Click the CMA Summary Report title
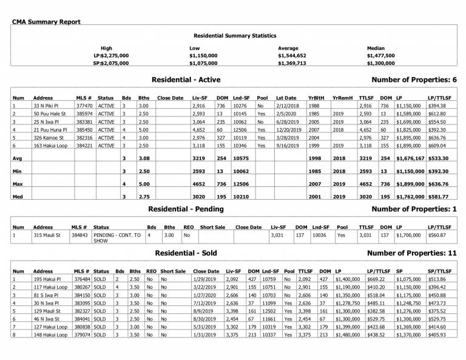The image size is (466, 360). click(46, 22)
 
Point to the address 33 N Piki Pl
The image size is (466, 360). click(46, 106)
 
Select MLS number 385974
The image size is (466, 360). click(84, 114)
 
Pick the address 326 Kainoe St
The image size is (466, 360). click(49, 137)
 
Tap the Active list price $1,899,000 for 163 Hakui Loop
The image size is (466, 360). click(408, 145)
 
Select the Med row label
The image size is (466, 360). click(18, 196)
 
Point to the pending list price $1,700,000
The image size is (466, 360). click(408, 234)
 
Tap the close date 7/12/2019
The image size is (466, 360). click(205, 302)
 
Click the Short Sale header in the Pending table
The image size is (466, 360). click(212, 226)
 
